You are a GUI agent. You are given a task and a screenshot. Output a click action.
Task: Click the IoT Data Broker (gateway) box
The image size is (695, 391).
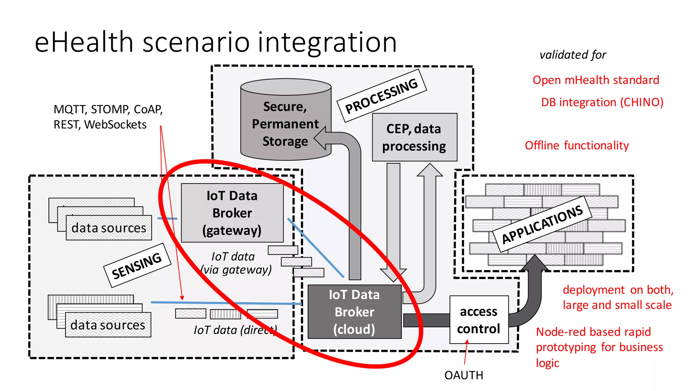pyautogui.click(x=232, y=213)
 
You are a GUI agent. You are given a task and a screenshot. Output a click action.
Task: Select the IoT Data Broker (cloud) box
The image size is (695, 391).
pyautogui.click(x=354, y=312)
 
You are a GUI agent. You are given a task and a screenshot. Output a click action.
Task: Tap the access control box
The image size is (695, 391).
pyautogui.click(x=479, y=320)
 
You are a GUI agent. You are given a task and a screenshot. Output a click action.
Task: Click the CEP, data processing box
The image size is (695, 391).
pyautogui.click(x=414, y=137)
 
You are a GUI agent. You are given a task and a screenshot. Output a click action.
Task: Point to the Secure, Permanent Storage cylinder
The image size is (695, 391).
pyautogui.click(x=285, y=124)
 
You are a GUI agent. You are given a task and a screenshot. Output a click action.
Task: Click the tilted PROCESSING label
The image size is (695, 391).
pyautogui.click(x=381, y=95)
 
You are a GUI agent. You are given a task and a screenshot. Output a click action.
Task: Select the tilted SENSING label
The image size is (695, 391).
pyautogui.click(x=137, y=265)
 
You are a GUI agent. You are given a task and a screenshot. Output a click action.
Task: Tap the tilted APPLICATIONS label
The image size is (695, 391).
pyautogui.click(x=542, y=224)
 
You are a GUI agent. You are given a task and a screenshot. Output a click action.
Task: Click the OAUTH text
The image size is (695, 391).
pyautogui.click(x=464, y=375)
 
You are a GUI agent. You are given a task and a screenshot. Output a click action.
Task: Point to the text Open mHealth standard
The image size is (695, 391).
pyautogui.click(x=596, y=80)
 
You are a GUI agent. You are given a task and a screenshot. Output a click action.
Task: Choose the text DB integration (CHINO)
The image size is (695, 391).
pyautogui.click(x=602, y=102)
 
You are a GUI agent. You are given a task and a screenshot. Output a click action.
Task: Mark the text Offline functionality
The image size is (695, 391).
pyautogui.click(x=577, y=145)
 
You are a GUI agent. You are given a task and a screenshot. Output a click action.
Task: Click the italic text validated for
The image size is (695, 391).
pyautogui.click(x=572, y=55)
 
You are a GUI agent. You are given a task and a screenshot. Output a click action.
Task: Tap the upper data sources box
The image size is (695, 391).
pyautogui.click(x=109, y=228)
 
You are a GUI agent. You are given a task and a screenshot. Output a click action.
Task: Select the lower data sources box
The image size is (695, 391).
pyautogui.click(x=108, y=325)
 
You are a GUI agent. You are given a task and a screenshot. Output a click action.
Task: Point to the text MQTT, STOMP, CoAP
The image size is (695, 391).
pyautogui.click(x=108, y=109)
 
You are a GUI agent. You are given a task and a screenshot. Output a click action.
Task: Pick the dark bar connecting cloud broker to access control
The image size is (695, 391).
pyautogui.click(x=426, y=320)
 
